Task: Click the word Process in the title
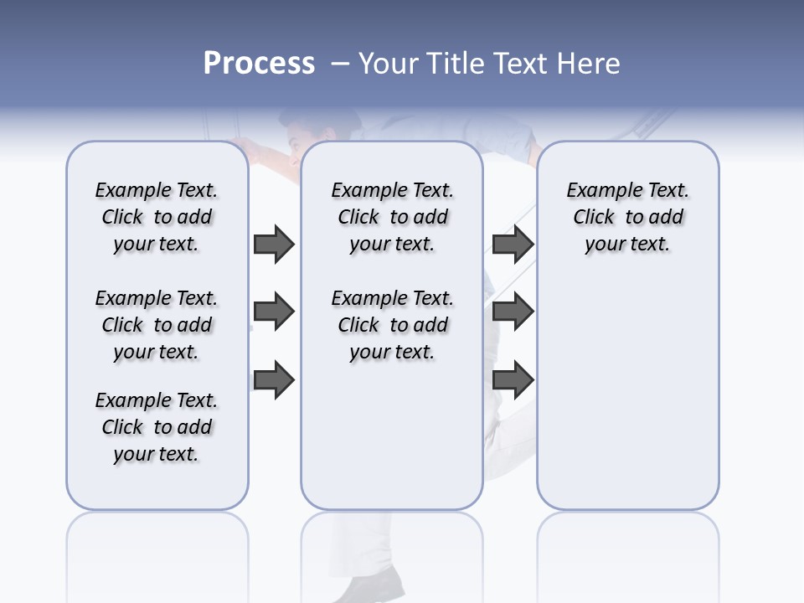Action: (259, 63)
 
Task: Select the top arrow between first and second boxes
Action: (274, 245)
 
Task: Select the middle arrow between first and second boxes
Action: (274, 312)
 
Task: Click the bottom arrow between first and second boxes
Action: (274, 380)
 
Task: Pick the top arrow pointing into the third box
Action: (513, 245)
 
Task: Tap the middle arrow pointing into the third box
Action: (513, 312)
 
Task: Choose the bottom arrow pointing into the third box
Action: (513, 380)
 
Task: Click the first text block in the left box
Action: (157, 217)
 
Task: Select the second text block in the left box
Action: (157, 325)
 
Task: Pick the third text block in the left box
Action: (157, 427)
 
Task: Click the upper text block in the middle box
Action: (392, 217)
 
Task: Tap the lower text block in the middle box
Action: (392, 325)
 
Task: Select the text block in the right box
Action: (627, 217)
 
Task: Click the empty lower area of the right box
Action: (627, 402)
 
